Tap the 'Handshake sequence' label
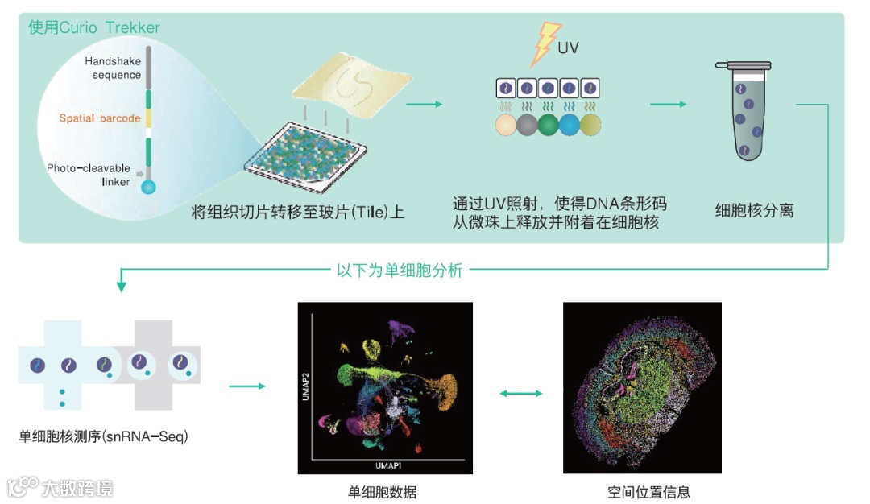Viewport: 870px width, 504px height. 113,68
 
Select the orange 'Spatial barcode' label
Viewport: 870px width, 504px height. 100,118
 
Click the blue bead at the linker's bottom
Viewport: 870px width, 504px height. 148,188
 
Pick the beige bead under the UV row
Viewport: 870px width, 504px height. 505,125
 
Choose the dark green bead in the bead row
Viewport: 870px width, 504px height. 548,125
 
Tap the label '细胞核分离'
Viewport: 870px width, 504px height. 754,211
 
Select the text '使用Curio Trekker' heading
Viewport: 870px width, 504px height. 94,27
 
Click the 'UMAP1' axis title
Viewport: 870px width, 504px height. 388,466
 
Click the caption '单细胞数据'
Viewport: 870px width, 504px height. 383,493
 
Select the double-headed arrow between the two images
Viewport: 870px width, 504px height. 521,393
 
